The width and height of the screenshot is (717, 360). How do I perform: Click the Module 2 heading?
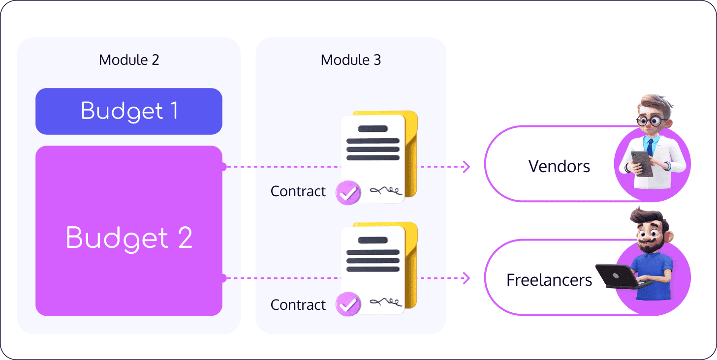[129, 60]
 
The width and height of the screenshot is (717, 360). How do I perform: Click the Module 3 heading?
[350, 60]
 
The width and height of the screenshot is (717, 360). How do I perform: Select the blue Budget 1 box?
[129, 111]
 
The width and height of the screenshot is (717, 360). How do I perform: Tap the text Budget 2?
[129, 238]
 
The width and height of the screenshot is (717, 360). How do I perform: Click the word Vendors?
[559, 166]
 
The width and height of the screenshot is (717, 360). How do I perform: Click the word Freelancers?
[549, 280]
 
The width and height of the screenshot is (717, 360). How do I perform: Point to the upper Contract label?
[298, 191]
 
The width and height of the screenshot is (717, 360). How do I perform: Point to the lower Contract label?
[298, 305]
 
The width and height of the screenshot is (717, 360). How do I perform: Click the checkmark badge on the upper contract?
[348, 193]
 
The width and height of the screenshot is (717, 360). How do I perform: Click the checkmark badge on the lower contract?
[348, 304]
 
